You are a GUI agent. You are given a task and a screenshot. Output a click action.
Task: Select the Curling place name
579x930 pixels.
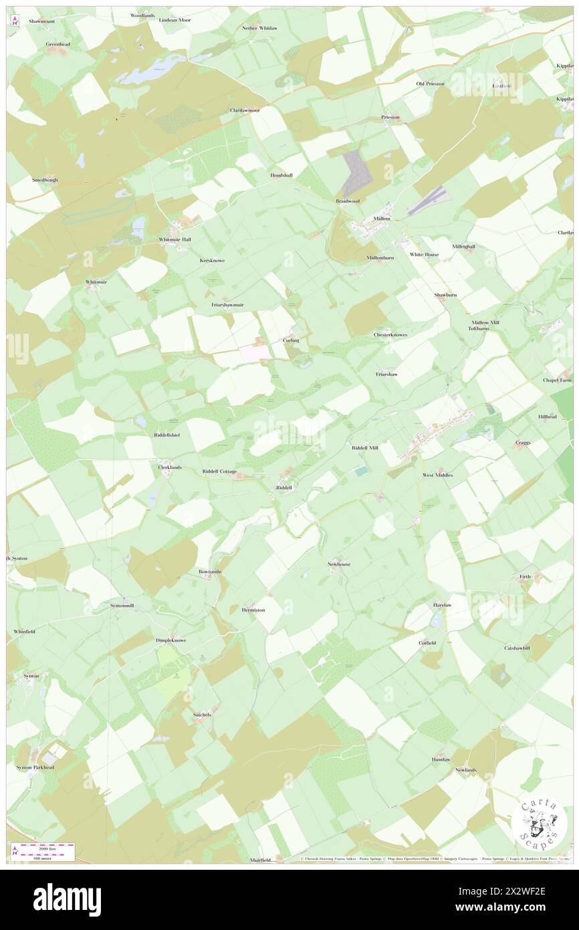[291, 341]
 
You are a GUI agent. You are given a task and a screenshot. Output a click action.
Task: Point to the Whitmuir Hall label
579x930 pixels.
[175, 240]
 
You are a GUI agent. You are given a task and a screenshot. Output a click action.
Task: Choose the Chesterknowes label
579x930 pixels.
[390, 335]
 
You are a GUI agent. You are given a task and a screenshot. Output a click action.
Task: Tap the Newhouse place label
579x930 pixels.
[338, 564]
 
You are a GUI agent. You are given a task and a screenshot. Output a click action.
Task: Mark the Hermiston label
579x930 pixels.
[253, 610]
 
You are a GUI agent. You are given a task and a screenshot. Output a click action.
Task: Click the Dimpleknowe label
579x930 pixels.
[170, 640]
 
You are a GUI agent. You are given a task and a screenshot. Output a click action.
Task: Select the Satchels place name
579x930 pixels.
[202, 715]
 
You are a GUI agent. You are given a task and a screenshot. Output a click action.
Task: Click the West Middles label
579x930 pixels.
[437, 475]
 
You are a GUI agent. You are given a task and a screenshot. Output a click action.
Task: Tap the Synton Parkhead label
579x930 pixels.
[35, 767]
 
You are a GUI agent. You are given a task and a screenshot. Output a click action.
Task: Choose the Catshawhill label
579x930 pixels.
[517, 648]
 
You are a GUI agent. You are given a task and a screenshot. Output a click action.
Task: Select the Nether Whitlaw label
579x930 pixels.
[259, 28]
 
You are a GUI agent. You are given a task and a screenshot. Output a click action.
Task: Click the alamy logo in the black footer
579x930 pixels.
[67, 899]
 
